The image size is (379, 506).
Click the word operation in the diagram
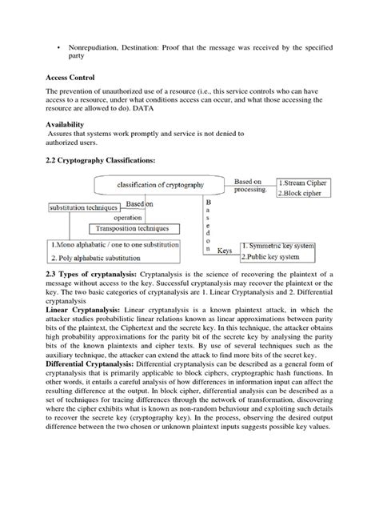click(x=128, y=217)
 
